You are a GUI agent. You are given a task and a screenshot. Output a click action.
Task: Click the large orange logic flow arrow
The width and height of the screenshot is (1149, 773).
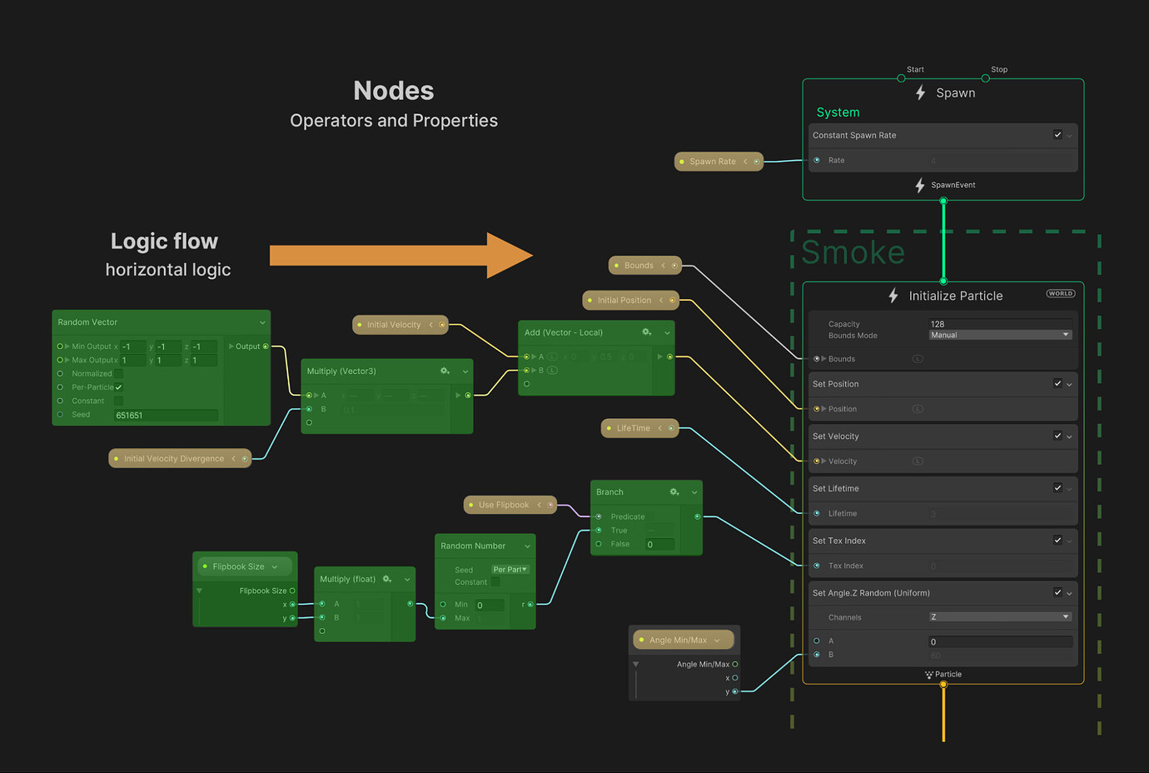pyautogui.click(x=400, y=255)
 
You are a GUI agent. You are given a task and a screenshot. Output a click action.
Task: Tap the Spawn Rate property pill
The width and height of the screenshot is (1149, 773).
pyautogui.click(x=712, y=162)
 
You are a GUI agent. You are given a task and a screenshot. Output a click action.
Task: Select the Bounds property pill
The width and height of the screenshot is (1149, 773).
pyautogui.click(x=639, y=266)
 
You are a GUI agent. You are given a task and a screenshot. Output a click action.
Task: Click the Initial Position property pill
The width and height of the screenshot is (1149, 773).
pyautogui.click(x=624, y=301)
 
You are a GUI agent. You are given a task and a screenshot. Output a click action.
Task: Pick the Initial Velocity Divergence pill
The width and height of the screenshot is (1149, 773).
pyautogui.click(x=174, y=459)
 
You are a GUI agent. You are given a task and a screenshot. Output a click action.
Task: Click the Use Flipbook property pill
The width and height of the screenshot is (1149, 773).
pyautogui.click(x=503, y=505)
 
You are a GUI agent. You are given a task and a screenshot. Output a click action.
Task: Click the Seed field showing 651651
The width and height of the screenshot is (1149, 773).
pyautogui.click(x=166, y=415)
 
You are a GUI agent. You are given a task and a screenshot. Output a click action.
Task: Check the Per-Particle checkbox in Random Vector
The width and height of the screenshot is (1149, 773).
pyautogui.click(x=119, y=387)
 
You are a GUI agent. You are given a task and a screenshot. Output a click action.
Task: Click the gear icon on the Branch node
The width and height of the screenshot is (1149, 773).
pyautogui.click(x=674, y=492)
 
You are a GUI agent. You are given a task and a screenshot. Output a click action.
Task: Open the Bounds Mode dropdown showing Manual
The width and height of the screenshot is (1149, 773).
pyautogui.click(x=1000, y=335)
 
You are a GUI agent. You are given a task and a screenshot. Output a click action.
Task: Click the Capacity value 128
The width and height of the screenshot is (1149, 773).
pyautogui.click(x=938, y=324)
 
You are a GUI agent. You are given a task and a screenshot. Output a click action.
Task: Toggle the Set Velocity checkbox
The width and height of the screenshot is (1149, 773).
pyautogui.click(x=1057, y=436)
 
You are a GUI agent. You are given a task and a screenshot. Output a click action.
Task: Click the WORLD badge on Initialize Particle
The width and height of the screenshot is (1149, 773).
pyautogui.click(x=1061, y=293)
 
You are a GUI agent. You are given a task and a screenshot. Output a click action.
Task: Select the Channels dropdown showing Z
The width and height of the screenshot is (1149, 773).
pyautogui.click(x=1000, y=617)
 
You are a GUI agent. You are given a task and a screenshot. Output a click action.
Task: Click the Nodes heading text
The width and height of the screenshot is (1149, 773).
pyautogui.click(x=394, y=90)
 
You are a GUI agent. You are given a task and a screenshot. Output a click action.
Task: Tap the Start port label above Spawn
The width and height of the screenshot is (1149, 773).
pyautogui.click(x=915, y=70)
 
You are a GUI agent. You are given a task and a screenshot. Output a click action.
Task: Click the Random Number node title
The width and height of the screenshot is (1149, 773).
pyautogui.click(x=473, y=546)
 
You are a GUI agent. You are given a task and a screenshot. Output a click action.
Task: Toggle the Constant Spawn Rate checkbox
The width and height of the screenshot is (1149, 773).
pyautogui.click(x=1057, y=135)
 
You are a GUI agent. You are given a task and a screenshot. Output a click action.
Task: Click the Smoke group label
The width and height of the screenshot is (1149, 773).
pyautogui.click(x=853, y=252)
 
